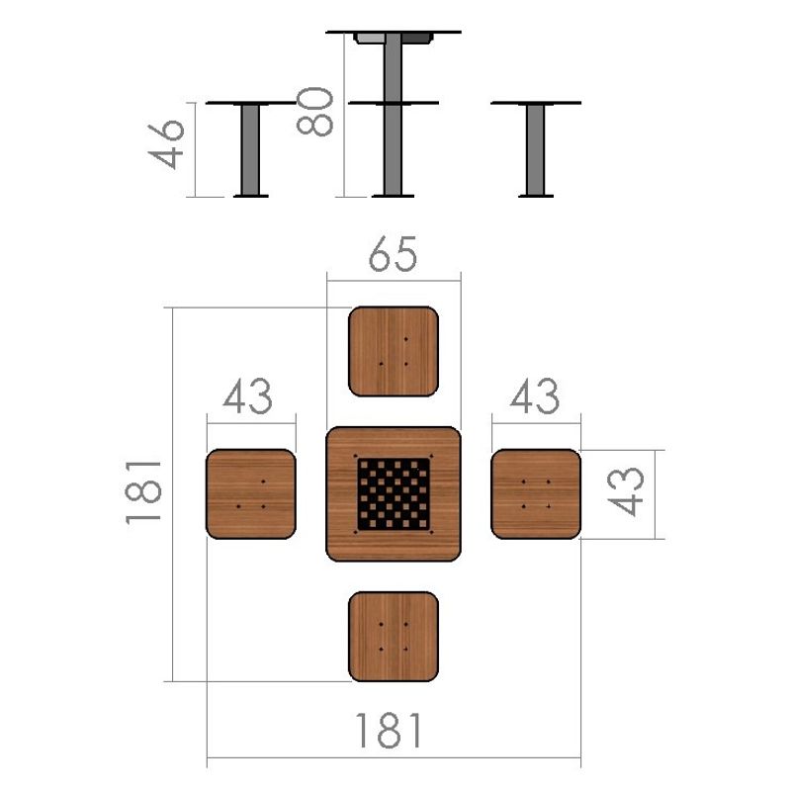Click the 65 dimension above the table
click(x=393, y=254)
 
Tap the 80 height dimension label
click(x=315, y=112)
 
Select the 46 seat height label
click(x=166, y=143)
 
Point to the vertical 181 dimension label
click(x=143, y=492)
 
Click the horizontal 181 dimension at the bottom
click(x=389, y=731)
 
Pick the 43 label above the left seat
click(x=248, y=396)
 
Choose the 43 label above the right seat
click(x=535, y=396)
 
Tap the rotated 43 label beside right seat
click(x=626, y=491)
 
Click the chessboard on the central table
click(x=394, y=494)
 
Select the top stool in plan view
click(x=394, y=351)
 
